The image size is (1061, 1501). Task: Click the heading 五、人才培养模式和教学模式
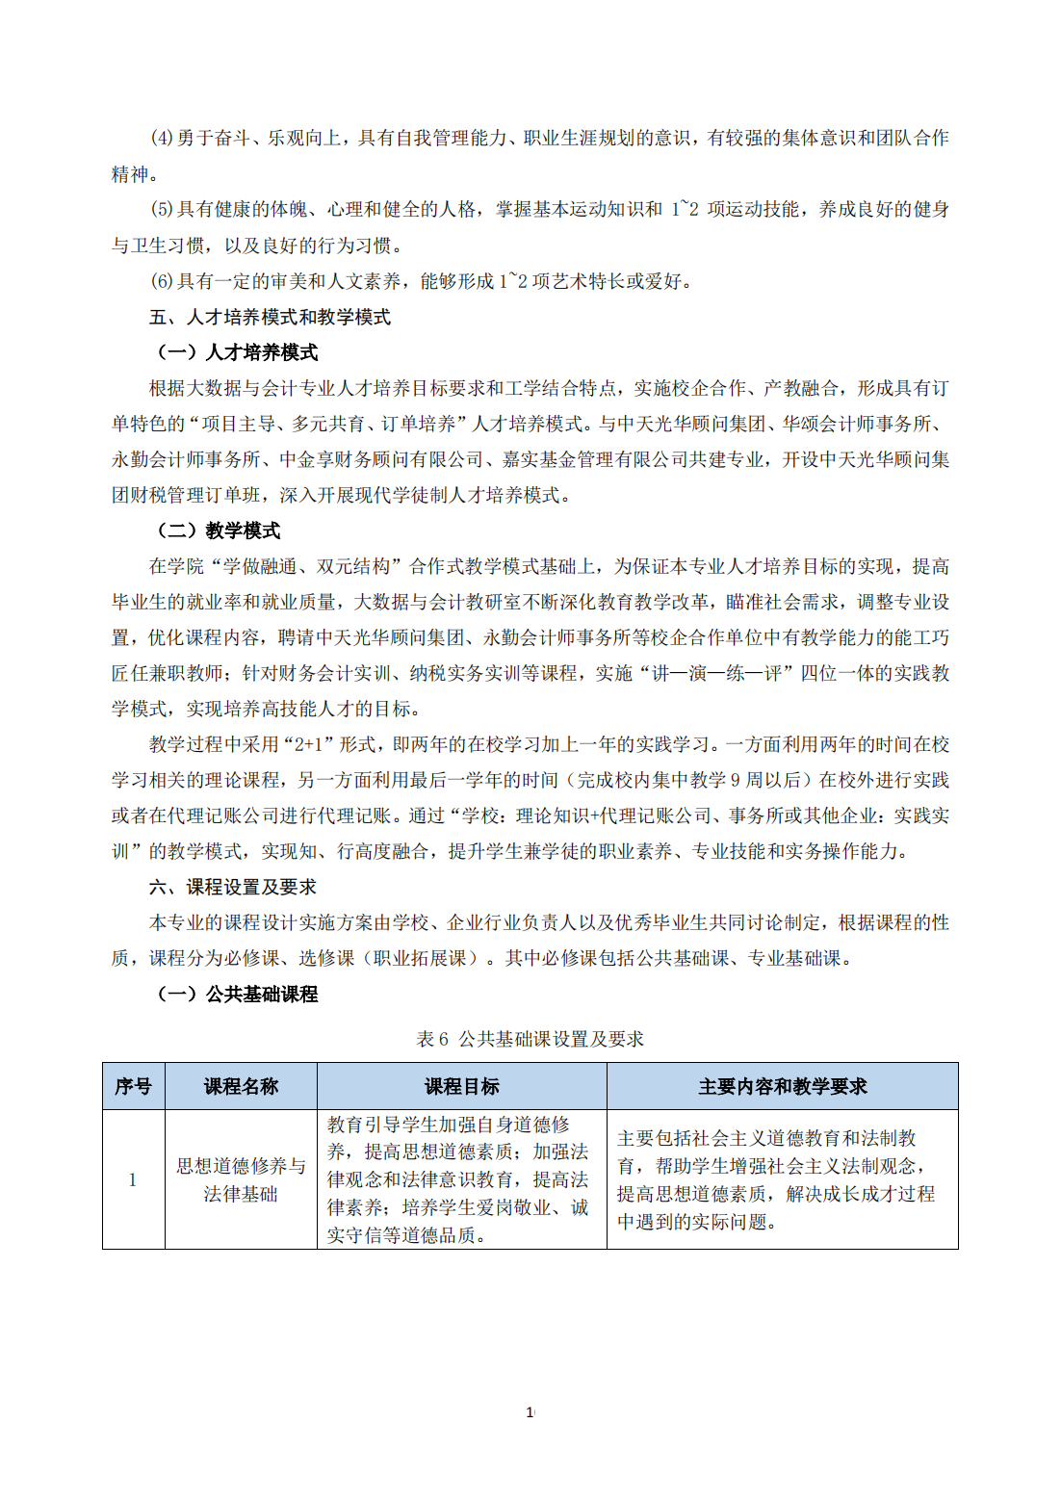click(270, 317)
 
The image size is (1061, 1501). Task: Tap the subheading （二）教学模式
click(219, 531)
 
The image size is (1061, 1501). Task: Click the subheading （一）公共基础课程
click(238, 994)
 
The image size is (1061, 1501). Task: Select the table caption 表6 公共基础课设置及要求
click(530, 1039)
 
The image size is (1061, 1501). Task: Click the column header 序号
click(133, 1086)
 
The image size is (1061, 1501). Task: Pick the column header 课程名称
click(241, 1086)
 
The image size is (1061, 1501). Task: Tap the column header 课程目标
click(462, 1086)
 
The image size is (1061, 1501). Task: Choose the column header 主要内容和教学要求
click(782, 1086)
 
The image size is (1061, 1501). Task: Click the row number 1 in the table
click(133, 1179)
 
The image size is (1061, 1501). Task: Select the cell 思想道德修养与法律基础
click(241, 1179)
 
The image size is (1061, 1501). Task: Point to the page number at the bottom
click(530, 1412)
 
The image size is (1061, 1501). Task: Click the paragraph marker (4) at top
click(162, 138)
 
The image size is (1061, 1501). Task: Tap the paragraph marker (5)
click(162, 209)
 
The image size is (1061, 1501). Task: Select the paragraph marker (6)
click(162, 281)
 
